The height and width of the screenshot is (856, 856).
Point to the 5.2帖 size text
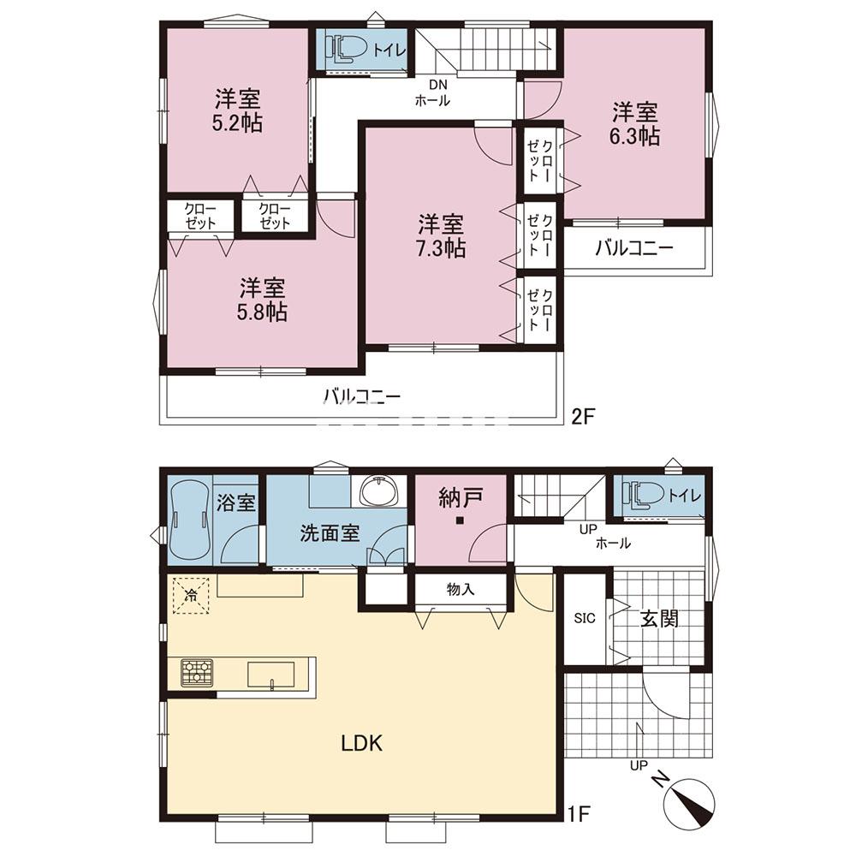[237, 122]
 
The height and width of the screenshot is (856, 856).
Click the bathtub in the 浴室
[191, 519]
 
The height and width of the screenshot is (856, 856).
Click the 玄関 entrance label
[659, 619]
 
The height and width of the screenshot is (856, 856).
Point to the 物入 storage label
[460, 589]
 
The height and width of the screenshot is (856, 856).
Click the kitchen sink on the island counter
[271, 675]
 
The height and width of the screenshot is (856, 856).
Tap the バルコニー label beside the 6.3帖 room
[633, 249]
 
